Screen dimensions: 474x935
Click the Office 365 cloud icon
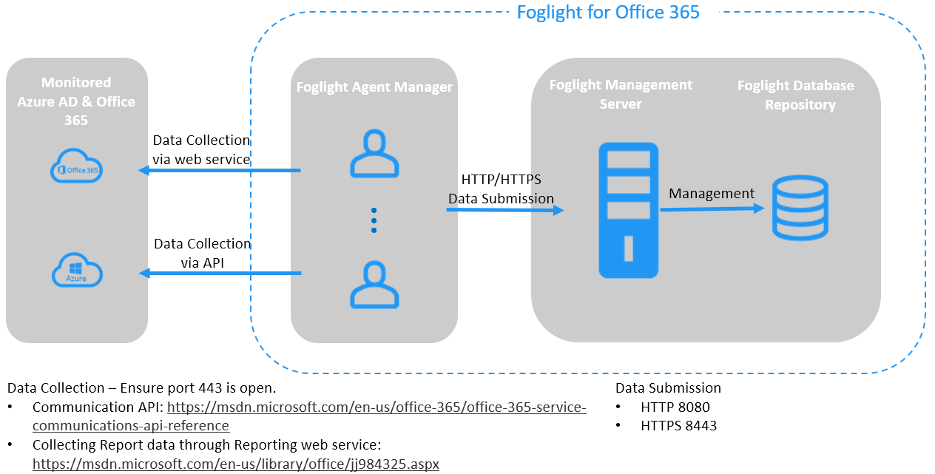point(77,166)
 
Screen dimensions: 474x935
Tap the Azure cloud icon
point(77,271)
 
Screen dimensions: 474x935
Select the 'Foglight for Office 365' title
point(608,12)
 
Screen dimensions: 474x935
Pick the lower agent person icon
point(374,284)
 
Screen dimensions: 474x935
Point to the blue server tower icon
point(628,210)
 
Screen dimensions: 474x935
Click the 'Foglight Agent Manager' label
point(374,87)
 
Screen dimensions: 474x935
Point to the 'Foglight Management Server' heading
point(621,95)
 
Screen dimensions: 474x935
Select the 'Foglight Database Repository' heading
point(796,95)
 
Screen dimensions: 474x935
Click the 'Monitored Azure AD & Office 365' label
point(76,101)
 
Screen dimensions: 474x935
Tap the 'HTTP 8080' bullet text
point(675,407)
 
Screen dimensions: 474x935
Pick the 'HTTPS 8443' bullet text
point(678,425)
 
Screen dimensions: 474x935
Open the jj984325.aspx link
point(236,464)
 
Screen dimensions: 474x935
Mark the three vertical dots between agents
point(374,220)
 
